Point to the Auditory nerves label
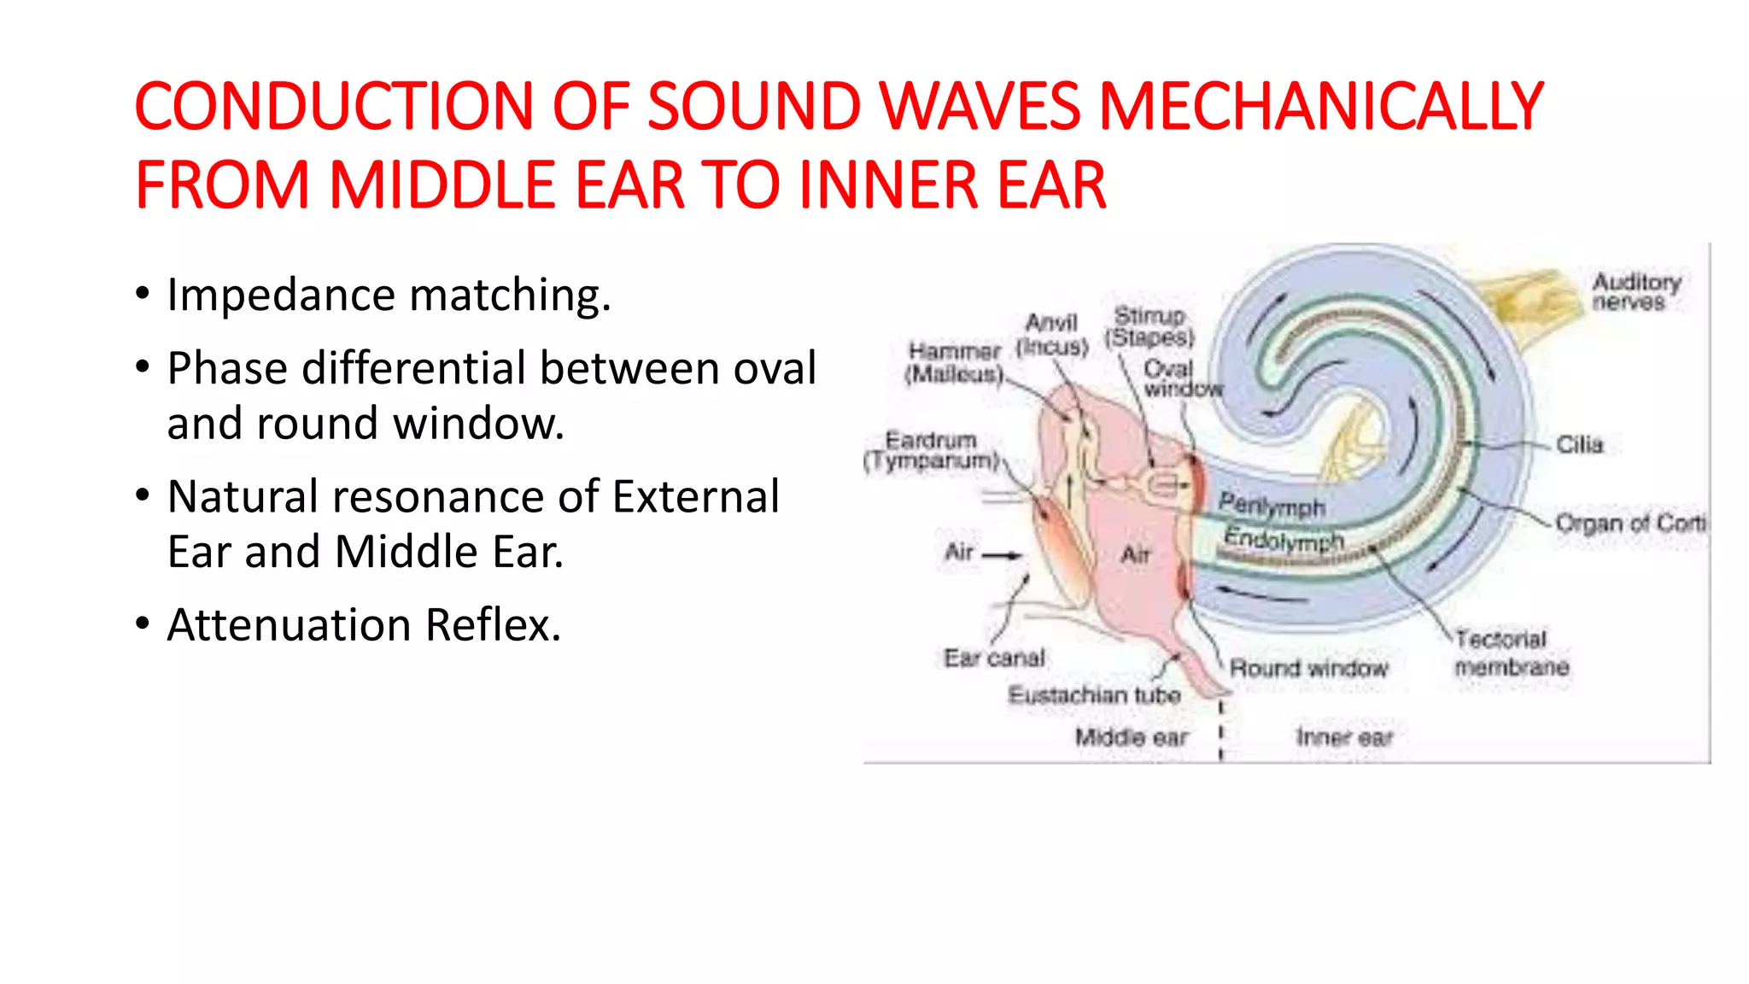click(x=1635, y=291)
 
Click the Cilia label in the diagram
click(x=1579, y=445)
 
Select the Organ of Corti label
click(x=1629, y=523)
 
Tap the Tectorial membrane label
click(x=1511, y=653)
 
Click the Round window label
click(x=1308, y=668)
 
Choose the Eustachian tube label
click(x=1094, y=695)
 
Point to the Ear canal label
click(x=993, y=658)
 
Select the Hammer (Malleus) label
click(x=954, y=363)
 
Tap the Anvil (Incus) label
click(x=1052, y=335)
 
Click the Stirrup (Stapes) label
click(x=1149, y=327)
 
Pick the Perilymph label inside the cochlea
click(x=1272, y=506)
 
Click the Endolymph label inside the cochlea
click(x=1284, y=540)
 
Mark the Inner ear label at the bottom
click(x=1343, y=737)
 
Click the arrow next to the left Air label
click(x=1002, y=555)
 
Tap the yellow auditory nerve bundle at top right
click(x=1529, y=295)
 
